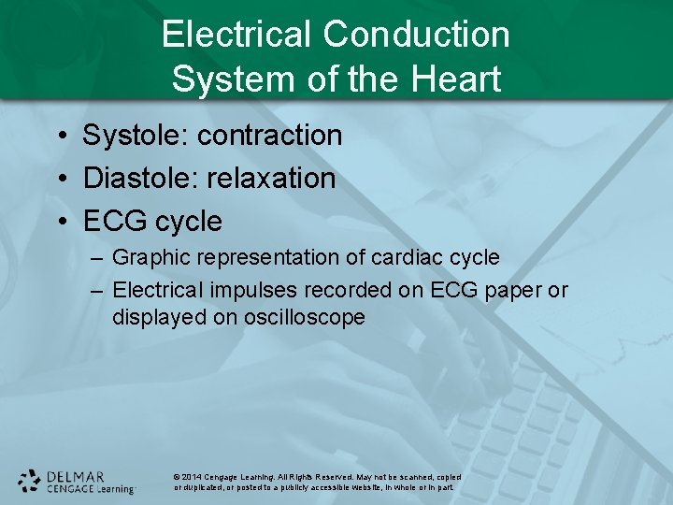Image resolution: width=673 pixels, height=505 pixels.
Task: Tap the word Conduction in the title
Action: (417, 35)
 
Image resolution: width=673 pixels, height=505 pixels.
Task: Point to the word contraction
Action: (270, 136)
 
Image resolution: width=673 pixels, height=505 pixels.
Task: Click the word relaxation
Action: (272, 179)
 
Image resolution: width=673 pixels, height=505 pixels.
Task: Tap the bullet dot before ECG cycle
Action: (59, 223)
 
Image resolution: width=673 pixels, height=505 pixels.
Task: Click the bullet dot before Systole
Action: (59, 137)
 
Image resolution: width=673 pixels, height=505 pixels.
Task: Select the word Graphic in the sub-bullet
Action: (149, 258)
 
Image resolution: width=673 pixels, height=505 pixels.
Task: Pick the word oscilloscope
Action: (305, 318)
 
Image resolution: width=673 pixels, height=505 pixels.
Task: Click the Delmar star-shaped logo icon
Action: (29, 481)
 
